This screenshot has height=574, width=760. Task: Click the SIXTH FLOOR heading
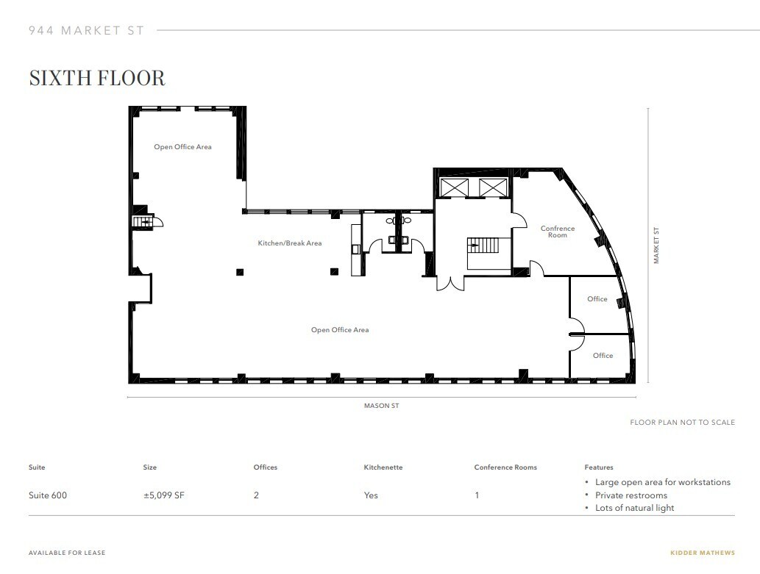click(x=97, y=78)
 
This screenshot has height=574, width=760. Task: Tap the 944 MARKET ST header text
click(x=86, y=31)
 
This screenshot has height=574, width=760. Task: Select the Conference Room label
click(x=558, y=232)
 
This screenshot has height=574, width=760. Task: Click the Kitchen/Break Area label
click(x=289, y=243)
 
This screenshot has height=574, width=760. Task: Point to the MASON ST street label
click(x=381, y=406)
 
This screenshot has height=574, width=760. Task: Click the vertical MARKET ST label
click(x=656, y=245)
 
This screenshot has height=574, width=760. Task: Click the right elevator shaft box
click(x=492, y=187)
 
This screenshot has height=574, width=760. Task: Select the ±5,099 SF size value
click(x=163, y=495)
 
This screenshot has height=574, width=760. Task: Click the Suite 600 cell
click(x=48, y=495)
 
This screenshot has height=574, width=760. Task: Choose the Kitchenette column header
click(x=383, y=467)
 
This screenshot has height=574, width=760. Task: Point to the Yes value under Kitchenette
click(x=371, y=495)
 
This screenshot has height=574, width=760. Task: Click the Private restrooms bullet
click(x=631, y=495)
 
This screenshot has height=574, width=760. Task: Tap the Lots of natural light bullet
click(x=634, y=508)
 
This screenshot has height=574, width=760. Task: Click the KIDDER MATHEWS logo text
click(x=702, y=553)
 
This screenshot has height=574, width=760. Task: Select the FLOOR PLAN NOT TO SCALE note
click(x=682, y=423)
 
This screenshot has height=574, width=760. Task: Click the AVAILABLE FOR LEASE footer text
click(x=67, y=553)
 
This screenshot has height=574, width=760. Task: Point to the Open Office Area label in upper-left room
click(x=182, y=147)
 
